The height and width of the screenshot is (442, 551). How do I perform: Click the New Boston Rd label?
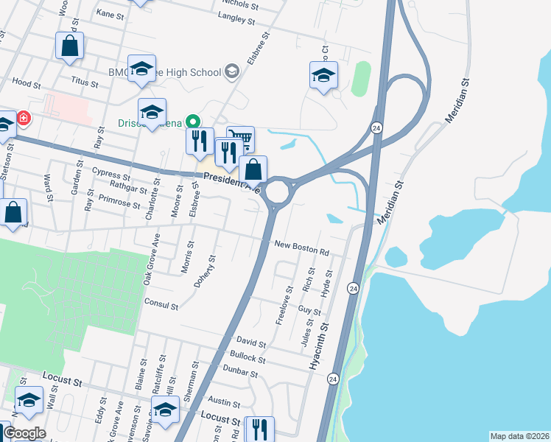(301, 248)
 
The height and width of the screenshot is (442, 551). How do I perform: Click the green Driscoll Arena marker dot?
(193, 121)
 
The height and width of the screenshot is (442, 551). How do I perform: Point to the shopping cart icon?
(241, 136)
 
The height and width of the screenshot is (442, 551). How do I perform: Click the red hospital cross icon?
(24, 117)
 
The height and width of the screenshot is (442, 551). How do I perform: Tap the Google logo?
(24, 433)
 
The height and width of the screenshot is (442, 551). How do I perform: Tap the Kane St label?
(109, 14)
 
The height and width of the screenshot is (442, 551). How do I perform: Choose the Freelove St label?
(280, 309)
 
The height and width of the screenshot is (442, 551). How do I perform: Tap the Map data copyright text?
(519, 436)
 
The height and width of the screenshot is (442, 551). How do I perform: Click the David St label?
(251, 342)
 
